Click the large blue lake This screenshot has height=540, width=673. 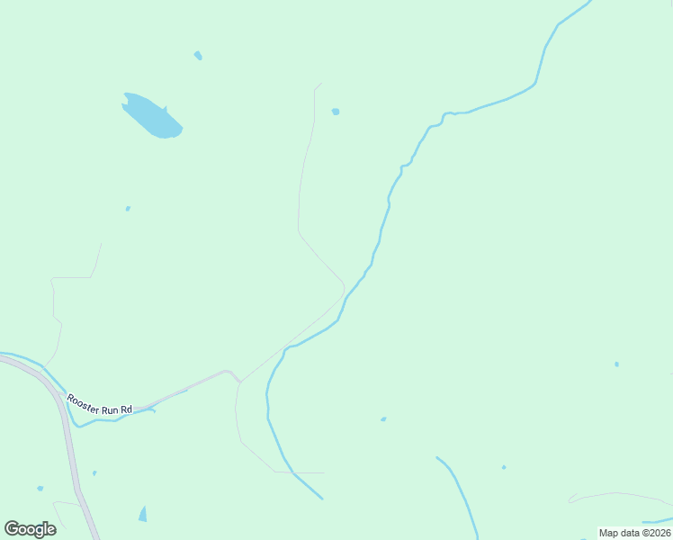click(153, 117)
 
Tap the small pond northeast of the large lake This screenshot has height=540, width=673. click(198, 56)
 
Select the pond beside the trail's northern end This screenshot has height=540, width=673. click(336, 112)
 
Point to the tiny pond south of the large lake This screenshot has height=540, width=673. click(128, 209)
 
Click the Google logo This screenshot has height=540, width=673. click(30, 529)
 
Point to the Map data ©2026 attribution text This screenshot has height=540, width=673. click(635, 533)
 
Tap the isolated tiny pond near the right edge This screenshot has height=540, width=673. click(616, 364)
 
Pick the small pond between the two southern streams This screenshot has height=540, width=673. click(383, 419)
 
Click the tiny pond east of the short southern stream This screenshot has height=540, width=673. click(504, 467)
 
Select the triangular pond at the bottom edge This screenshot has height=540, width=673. click(142, 515)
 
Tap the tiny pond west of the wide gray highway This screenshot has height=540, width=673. click(40, 489)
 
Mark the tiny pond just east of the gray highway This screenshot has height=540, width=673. click(94, 472)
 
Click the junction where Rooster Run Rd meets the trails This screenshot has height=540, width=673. click(239, 382)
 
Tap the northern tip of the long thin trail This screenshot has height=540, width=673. click(321, 84)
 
